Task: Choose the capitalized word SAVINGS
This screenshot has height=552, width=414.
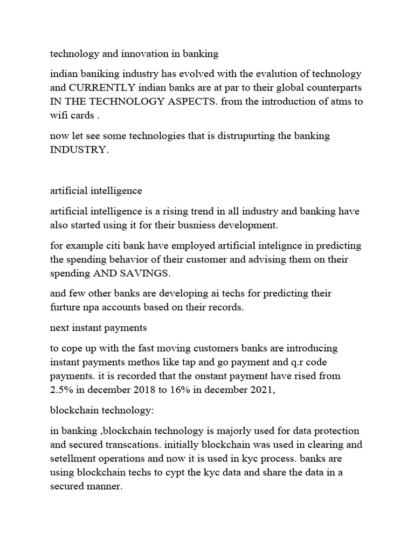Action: coord(142,274)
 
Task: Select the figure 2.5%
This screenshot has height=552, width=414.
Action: coord(61,390)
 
